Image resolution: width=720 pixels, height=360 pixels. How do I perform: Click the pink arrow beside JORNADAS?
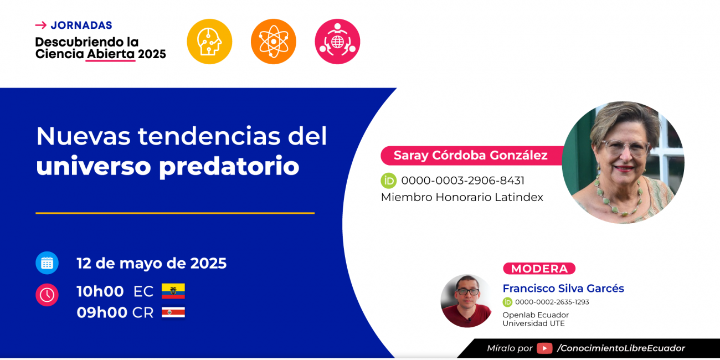coord(41,25)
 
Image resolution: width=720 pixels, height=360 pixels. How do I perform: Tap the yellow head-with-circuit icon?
coord(209,42)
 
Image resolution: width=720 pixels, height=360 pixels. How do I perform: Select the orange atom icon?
coord(273,42)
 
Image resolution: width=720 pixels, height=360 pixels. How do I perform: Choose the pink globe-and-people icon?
coord(337,42)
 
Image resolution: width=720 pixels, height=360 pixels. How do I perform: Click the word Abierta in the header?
coord(111,54)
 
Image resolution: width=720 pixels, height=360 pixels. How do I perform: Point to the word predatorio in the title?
coord(229,167)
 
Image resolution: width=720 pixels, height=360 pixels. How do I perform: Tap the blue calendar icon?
coord(47,263)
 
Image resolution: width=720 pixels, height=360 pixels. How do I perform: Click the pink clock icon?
coord(47,295)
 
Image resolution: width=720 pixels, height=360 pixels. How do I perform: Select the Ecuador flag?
coord(173,291)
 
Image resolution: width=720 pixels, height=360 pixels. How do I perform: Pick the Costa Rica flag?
coord(173,312)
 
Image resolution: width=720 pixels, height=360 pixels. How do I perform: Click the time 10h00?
coord(100,291)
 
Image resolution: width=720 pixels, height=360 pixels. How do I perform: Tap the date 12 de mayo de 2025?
coord(151,263)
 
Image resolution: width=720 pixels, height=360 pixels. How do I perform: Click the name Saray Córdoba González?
coord(471,155)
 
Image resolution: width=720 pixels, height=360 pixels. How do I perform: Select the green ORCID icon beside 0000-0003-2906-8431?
coord(389,181)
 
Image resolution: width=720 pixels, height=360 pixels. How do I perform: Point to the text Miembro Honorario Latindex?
coord(462,197)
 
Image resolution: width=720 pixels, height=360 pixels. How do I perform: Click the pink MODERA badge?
coord(539,269)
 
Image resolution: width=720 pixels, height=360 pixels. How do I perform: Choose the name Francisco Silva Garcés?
coord(563,289)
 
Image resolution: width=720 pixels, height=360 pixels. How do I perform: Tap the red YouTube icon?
coord(544,348)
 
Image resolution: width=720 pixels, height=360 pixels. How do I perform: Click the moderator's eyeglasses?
coord(467,292)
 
